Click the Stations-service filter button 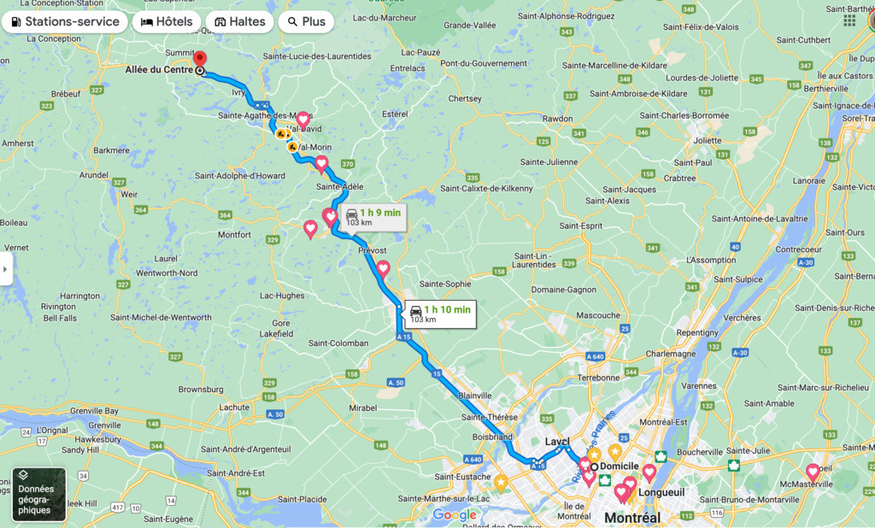click(65, 21)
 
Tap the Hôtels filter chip click(167, 21)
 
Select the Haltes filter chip click(239, 21)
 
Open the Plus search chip click(306, 21)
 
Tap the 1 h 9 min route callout click(373, 217)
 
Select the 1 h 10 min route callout click(439, 314)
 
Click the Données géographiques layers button click(38, 494)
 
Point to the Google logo click(455, 514)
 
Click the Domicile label click(620, 466)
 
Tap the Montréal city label click(632, 518)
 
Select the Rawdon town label click(556, 119)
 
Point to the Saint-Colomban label click(338, 343)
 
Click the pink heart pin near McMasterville click(813, 472)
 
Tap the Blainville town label click(475, 396)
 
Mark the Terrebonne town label click(598, 377)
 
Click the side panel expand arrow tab click(5, 268)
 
